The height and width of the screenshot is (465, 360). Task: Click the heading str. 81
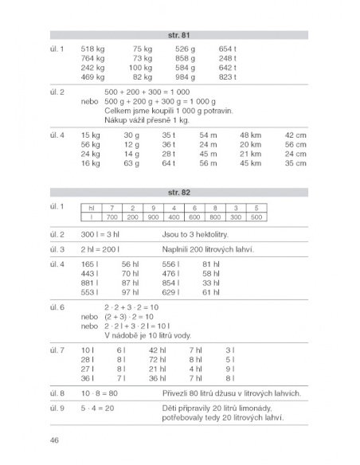pyautogui.click(x=178, y=35)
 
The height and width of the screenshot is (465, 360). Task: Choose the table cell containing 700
pyautogui.click(x=111, y=217)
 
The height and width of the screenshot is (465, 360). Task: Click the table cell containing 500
pyautogui.click(x=256, y=217)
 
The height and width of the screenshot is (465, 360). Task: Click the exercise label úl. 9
pyautogui.click(x=57, y=408)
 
